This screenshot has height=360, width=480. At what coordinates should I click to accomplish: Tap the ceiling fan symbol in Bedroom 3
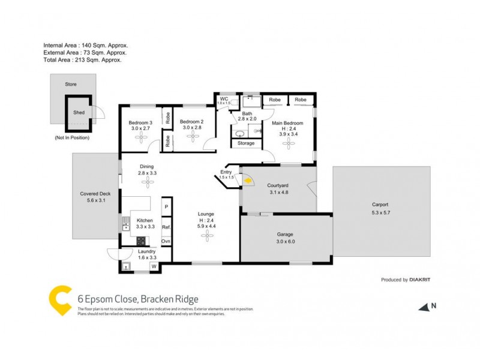pos(142,137)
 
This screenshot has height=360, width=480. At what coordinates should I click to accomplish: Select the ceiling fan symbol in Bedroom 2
pos(192,137)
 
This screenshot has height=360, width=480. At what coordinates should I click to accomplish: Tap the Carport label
pos(380,205)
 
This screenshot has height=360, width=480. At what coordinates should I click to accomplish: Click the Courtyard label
pos(277,185)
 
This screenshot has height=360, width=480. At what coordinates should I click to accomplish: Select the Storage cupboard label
pos(246,143)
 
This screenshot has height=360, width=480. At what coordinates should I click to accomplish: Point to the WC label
pos(224,98)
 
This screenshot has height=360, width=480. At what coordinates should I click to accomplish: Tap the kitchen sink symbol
pos(126,224)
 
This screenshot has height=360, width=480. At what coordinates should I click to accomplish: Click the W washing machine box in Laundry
pos(154,266)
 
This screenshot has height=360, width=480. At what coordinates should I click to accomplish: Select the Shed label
pos(79,112)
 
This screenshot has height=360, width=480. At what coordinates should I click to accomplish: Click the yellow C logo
pos(60,300)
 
